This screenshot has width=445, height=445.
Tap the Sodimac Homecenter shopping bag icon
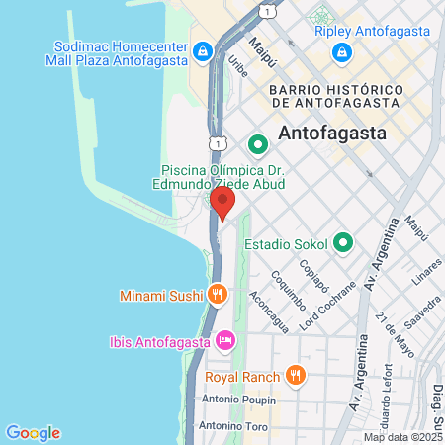coord(201,50)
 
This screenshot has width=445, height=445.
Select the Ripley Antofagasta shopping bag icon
coord(340,50)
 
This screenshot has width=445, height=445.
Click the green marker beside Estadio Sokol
coord(343,242)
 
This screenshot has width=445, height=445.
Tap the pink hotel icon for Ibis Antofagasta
coord(225,341)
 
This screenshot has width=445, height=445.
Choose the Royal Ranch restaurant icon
coord(294,375)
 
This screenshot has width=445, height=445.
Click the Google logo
coord(33,432)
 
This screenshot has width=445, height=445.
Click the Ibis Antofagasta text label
coord(158,342)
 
